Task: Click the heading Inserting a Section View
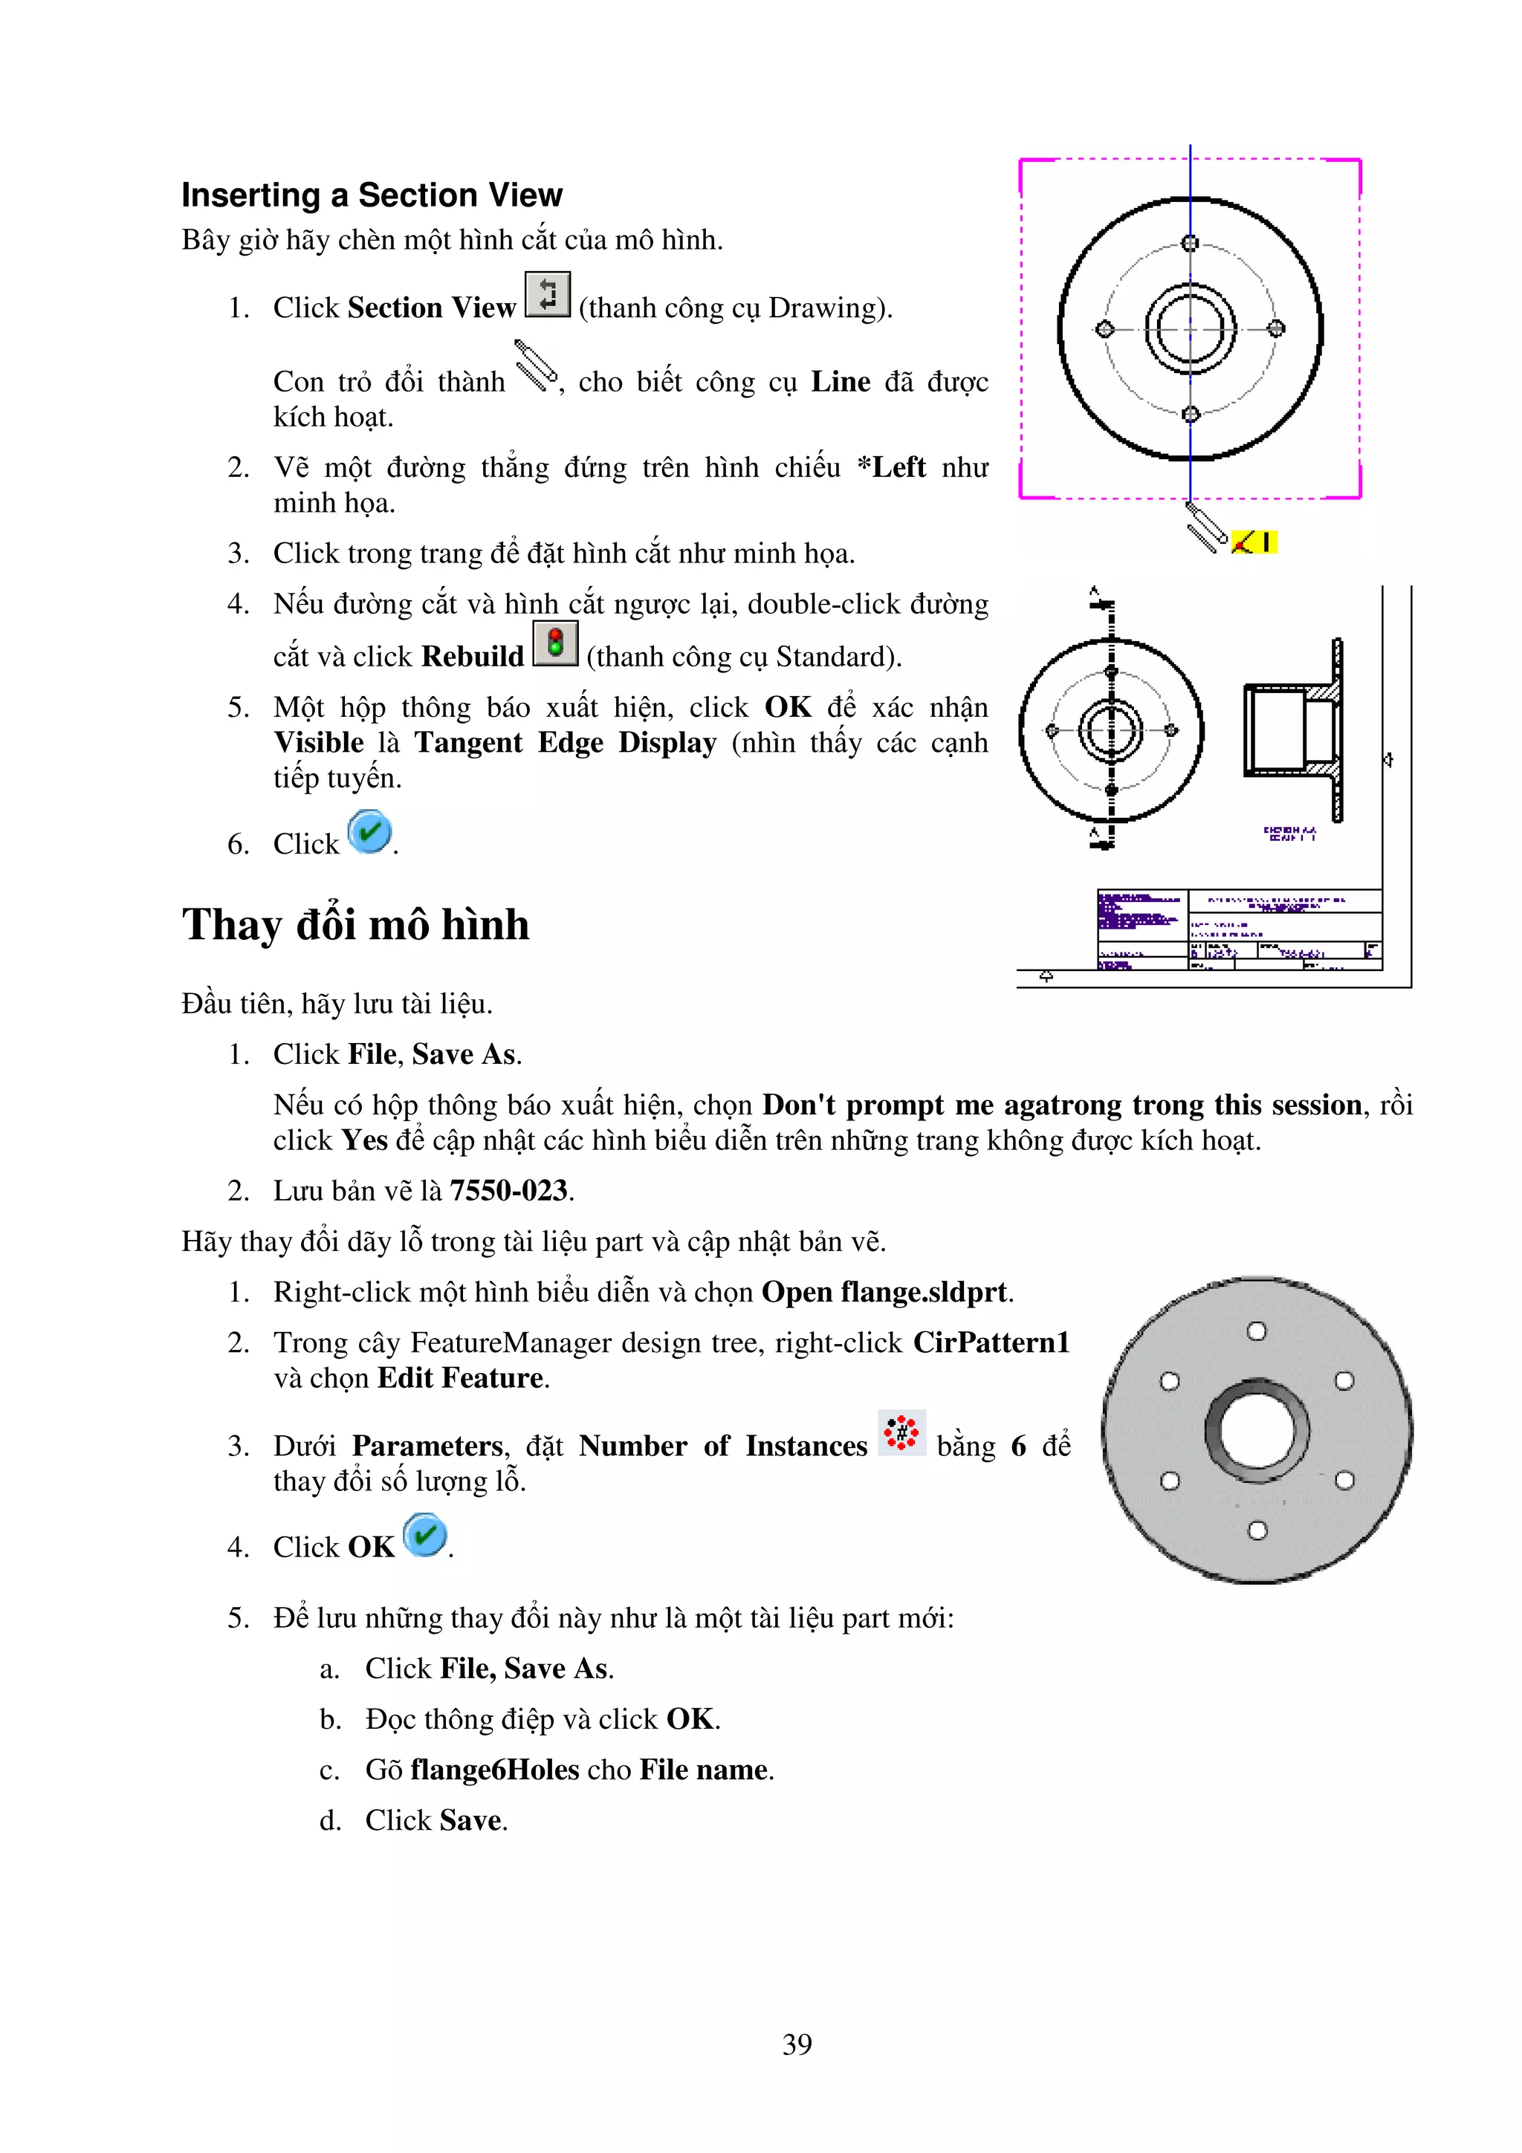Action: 372,195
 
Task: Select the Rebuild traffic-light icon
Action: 555,643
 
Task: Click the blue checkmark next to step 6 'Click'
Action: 369,832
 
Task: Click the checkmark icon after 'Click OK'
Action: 425,1535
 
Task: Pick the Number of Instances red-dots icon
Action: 901,1433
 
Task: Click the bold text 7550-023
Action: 508,1191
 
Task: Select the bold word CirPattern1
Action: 991,1342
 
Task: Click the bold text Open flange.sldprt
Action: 885,1292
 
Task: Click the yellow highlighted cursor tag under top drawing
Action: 1253,542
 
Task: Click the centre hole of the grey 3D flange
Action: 1257,1430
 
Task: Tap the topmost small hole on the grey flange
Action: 1257,1331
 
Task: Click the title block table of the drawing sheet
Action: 1239,929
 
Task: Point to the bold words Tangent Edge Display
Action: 566,743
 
